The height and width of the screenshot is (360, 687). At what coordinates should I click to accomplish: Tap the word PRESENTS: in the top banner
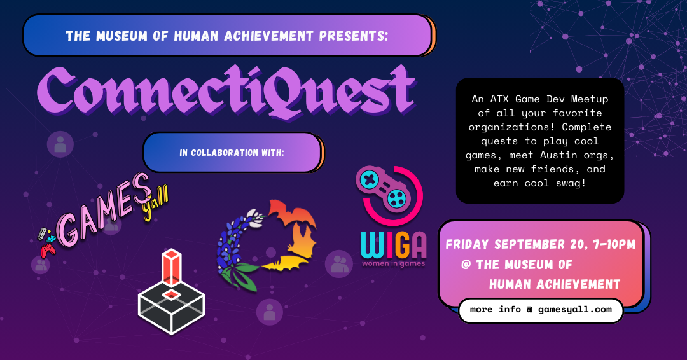(354, 36)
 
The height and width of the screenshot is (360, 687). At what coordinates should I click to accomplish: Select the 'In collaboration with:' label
(232, 153)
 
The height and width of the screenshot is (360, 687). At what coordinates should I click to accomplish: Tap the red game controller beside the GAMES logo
(48, 250)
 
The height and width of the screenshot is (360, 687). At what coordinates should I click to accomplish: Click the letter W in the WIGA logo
(372, 245)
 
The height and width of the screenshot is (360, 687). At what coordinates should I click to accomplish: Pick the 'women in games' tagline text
(394, 264)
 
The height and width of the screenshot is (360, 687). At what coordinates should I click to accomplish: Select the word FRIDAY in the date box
(467, 244)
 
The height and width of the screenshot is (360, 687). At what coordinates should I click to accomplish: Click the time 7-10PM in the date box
(614, 244)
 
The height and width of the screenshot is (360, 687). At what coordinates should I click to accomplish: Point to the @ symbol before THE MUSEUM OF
(466, 264)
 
